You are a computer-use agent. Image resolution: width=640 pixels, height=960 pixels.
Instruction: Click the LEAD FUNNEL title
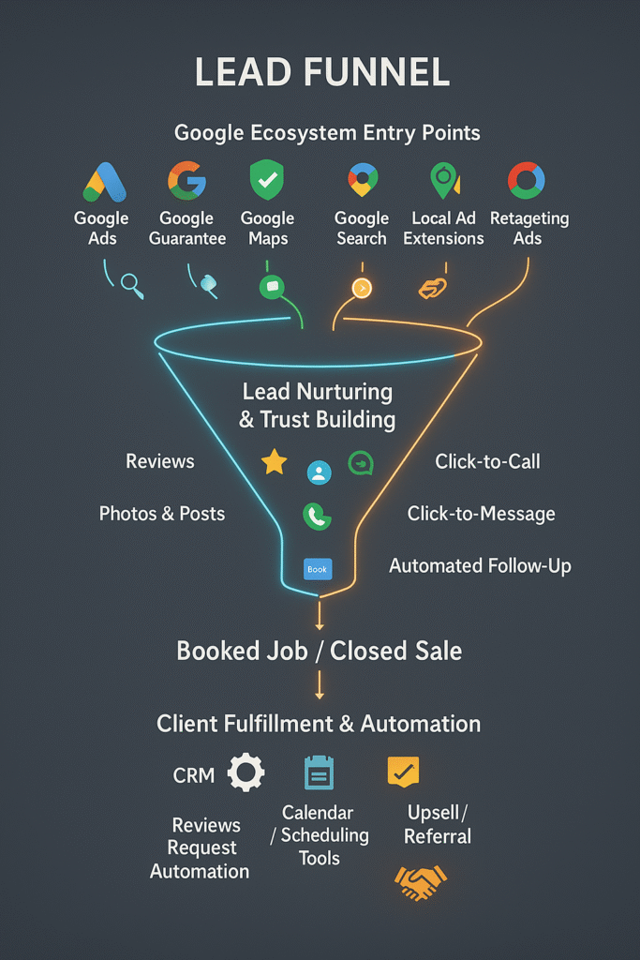321,72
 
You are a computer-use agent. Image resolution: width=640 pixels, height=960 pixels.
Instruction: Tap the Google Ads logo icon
105,182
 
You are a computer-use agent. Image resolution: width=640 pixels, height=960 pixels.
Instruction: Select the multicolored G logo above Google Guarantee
187,181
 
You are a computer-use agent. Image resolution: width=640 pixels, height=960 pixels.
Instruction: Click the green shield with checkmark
267,179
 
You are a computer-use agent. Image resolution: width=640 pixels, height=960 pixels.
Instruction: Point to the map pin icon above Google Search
363,179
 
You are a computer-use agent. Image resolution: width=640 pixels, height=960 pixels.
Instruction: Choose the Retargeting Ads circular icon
527,181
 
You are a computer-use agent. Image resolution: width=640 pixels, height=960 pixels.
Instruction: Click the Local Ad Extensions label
443,228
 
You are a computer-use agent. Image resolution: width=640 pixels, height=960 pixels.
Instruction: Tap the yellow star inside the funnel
275,461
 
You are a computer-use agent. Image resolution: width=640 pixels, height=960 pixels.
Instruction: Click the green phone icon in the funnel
317,517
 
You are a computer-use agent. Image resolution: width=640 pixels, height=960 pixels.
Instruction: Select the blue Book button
318,569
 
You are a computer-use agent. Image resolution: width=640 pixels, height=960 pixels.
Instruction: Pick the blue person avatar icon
319,472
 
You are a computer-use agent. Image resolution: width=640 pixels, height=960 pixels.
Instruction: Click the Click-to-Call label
487,461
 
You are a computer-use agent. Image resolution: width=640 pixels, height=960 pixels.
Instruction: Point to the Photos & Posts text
162,513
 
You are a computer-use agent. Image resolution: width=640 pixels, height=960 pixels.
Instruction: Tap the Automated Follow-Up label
481,565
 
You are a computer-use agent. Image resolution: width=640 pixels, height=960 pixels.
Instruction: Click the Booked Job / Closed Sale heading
319,651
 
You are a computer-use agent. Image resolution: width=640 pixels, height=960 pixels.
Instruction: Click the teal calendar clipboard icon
319,772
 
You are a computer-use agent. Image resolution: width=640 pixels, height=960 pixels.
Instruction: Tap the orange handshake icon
421,882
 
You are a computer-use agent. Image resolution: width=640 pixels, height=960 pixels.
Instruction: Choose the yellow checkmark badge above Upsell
403,772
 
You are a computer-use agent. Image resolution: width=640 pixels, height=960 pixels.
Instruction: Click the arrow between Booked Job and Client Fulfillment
319,684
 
